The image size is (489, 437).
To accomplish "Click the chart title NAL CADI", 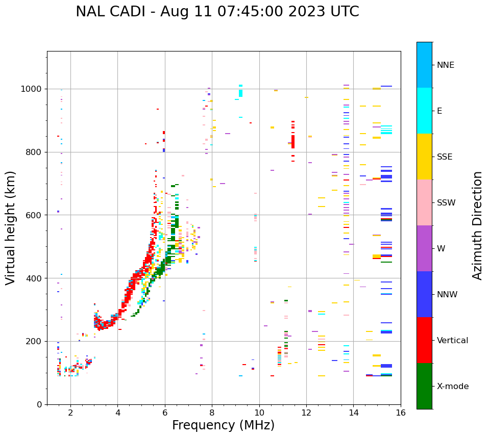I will pyautogui.click(x=217, y=12).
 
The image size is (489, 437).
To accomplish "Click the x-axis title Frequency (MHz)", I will pyautogui.click(x=223, y=425).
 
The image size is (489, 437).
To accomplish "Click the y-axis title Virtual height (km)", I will pyautogui.click(x=11, y=228).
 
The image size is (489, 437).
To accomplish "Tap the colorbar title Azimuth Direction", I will pyautogui.click(x=477, y=225).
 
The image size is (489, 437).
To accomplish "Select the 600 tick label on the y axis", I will pyautogui.click(x=35, y=215).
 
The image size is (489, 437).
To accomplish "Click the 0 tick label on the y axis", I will pyautogui.click(x=39, y=404).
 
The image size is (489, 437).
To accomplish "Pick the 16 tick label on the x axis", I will pyautogui.click(x=400, y=413).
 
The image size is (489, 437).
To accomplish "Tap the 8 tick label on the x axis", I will pyautogui.click(x=212, y=413).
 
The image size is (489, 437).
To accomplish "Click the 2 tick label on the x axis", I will pyautogui.click(x=70, y=413).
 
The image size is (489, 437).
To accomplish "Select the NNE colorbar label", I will pyautogui.click(x=445, y=65).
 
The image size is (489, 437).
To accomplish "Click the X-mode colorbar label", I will pyautogui.click(x=452, y=387).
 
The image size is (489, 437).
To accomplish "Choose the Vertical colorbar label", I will pyautogui.click(x=452, y=341).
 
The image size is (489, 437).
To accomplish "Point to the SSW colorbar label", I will pyautogui.click(x=446, y=203).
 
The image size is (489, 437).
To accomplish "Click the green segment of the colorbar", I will pyautogui.click(x=424, y=386).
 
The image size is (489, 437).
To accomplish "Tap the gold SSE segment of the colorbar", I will pyautogui.click(x=424, y=157).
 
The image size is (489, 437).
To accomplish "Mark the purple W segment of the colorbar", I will pyautogui.click(x=424, y=248).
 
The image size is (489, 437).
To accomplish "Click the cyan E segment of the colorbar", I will pyautogui.click(x=424, y=111).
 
